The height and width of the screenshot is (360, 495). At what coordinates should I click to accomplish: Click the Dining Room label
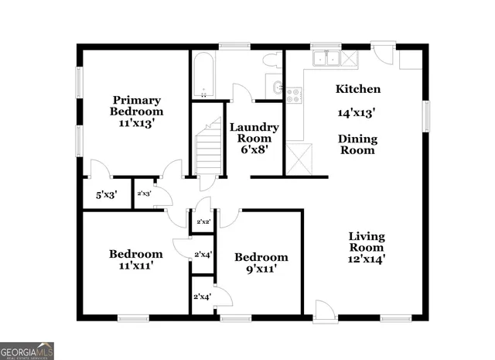point(357,145)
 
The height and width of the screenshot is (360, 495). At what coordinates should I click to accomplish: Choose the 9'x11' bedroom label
point(261,263)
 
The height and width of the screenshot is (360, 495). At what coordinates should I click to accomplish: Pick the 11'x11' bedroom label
point(135,259)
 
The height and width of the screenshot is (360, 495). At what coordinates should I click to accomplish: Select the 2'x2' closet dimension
point(203,222)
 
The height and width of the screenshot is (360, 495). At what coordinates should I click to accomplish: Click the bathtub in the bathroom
point(202,76)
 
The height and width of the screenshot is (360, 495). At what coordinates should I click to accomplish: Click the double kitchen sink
point(324,58)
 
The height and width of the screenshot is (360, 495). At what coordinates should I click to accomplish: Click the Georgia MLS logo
point(27,350)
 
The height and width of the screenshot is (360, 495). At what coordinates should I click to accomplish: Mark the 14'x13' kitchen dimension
point(357,112)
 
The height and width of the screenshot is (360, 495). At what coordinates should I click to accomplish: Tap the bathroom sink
point(276,86)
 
